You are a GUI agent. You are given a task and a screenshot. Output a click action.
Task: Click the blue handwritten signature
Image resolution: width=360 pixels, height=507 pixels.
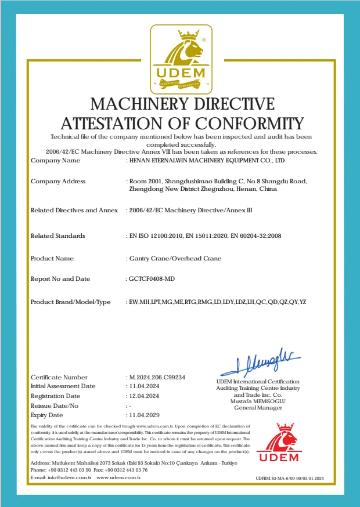point(259,363)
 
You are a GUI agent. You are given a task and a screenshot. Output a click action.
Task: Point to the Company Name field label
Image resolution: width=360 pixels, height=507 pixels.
point(55,160)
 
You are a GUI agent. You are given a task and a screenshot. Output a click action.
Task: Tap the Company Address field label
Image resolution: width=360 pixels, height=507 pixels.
point(57,182)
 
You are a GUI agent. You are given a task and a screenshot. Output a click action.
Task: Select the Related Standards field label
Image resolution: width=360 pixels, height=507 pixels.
point(57,236)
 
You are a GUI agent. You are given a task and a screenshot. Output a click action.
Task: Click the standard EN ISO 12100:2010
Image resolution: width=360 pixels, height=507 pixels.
point(153,236)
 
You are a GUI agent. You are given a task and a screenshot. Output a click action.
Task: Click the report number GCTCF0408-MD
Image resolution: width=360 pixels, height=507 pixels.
point(152,279)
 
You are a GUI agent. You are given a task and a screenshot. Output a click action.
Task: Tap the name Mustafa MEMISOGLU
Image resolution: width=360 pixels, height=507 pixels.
point(258,401)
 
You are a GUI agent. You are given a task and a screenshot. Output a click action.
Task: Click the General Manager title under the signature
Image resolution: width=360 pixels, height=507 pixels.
point(258,408)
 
